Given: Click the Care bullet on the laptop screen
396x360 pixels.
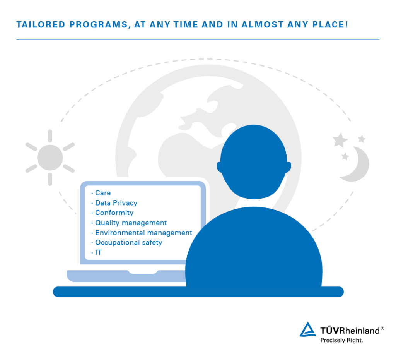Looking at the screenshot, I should (x=103, y=193).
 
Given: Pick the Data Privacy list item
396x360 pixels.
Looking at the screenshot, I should (x=116, y=203).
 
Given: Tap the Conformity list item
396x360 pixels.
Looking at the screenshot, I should (x=114, y=213).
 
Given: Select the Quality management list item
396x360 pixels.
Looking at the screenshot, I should (x=131, y=223).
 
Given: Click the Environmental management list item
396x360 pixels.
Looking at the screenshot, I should (x=143, y=233).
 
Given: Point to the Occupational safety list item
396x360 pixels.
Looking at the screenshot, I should (x=129, y=242).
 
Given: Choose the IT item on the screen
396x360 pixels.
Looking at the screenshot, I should (x=98, y=252).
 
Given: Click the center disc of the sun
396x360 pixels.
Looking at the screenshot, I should (x=50, y=157).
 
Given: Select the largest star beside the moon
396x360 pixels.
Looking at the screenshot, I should (x=340, y=140).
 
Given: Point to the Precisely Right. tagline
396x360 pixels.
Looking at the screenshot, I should (x=341, y=341).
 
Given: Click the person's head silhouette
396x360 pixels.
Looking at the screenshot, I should (x=254, y=163).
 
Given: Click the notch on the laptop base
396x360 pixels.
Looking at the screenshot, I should (x=143, y=272).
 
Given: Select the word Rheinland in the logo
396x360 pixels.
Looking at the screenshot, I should (x=359, y=331).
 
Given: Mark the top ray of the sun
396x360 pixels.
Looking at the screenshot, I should (x=50, y=136).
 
